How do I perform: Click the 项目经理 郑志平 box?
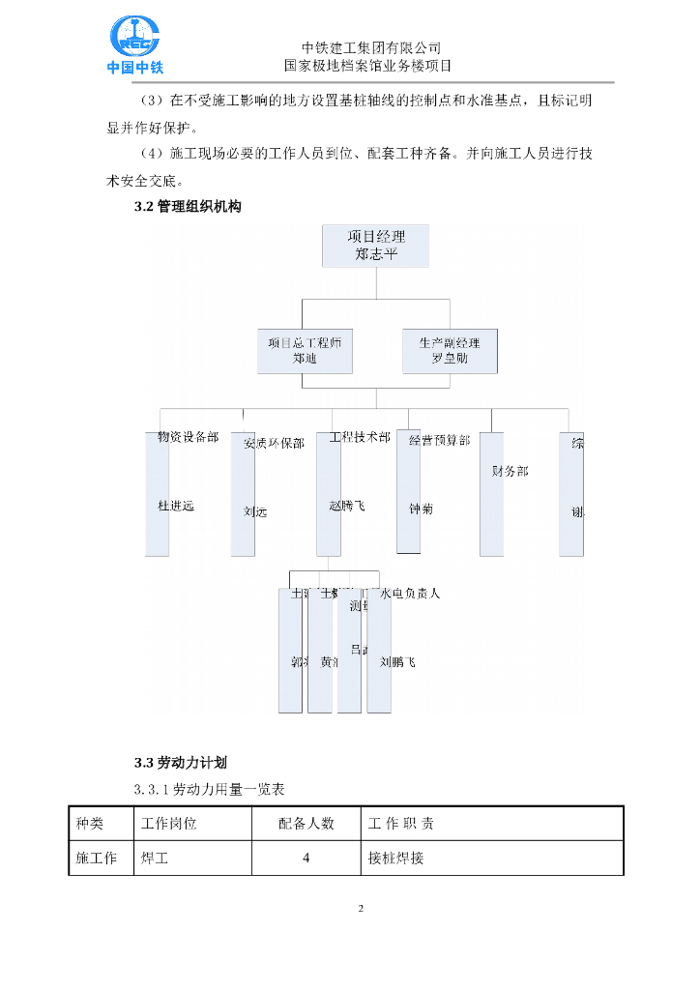coord(376,246)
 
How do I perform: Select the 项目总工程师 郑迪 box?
coord(305,351)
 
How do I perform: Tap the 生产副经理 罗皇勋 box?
coord(450,351)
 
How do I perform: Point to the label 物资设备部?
coord(188,437)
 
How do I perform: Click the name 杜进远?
coord(176,506)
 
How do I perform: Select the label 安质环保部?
coord(274,444)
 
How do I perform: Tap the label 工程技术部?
coord(360,437)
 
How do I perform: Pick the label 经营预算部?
coord(439,440)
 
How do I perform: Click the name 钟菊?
coord(421,509)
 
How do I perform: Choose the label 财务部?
coord(510,471)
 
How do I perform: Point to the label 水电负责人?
coord(411,593)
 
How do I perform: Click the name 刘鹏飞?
coord(397,662)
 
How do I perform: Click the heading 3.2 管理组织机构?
coord(188,207)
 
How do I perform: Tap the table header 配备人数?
coord(306,824)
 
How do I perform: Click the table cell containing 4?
coord(306,858)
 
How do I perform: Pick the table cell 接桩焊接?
coord(396,858)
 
